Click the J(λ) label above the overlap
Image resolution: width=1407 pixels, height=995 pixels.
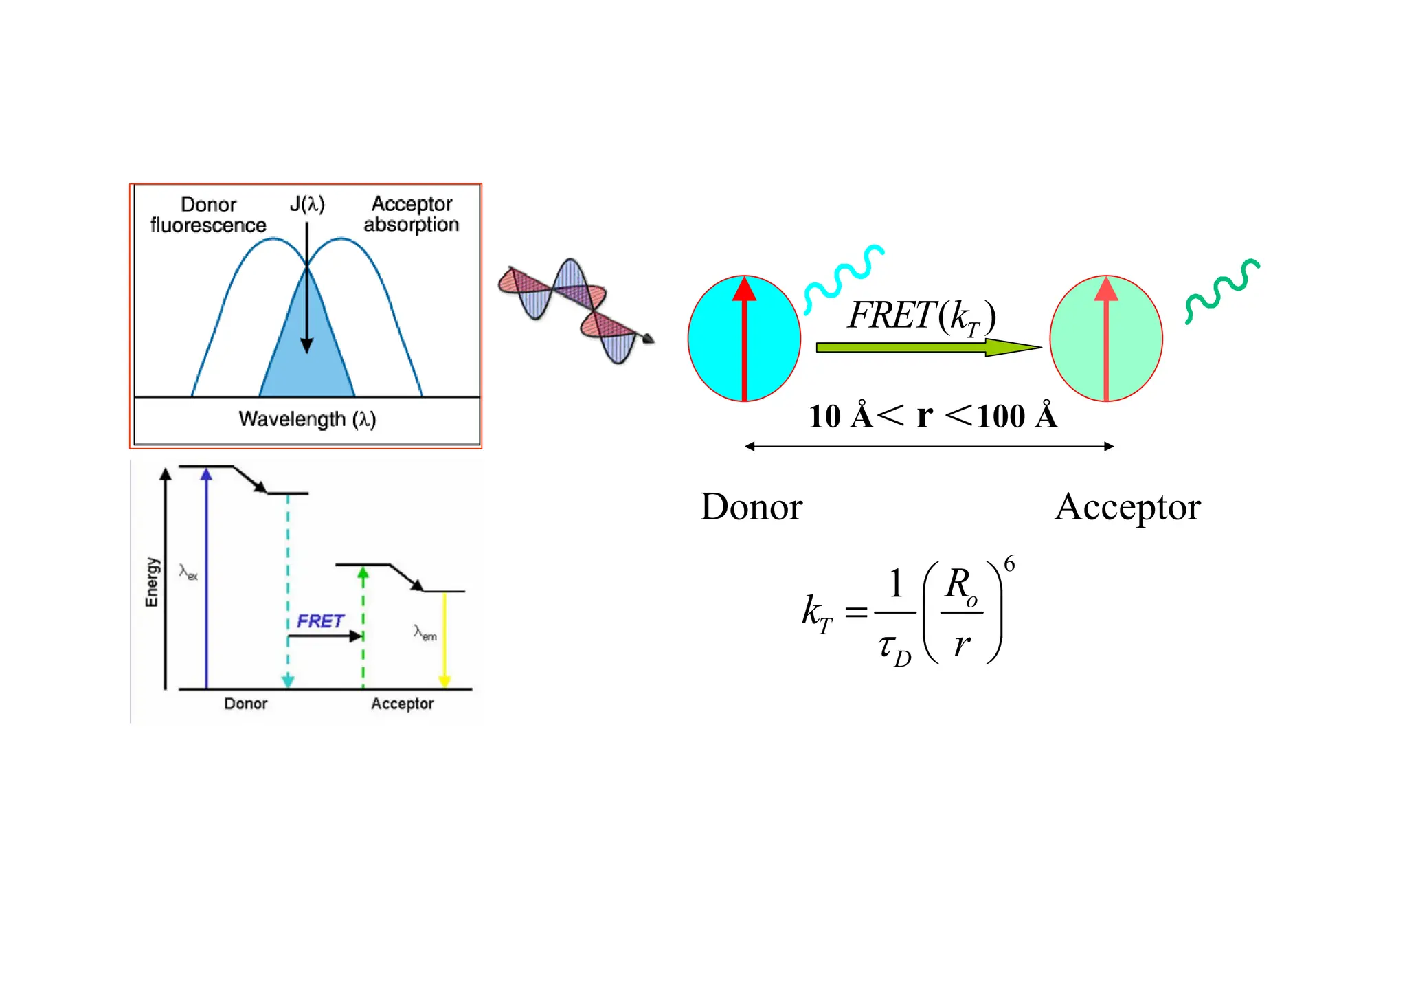point(306,204)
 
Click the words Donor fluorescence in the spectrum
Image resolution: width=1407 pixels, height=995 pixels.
point(208,215)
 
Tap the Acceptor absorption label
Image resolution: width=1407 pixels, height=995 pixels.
point(412,214)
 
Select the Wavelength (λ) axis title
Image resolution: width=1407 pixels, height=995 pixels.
point(307,419)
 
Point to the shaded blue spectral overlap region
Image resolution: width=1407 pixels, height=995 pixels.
point(306,371)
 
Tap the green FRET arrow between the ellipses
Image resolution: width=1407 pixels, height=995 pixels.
point(927,347)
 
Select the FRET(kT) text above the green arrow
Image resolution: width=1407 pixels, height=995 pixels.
point(921,316)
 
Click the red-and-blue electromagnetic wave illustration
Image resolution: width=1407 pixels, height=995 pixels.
point(576,309)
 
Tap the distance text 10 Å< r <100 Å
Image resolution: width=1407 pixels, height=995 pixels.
point(932,416)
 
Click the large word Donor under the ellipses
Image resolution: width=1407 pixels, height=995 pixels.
point(751,507)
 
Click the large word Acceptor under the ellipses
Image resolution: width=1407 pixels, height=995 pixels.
point(1127,507)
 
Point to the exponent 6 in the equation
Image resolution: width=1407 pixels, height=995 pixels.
point(1009,564)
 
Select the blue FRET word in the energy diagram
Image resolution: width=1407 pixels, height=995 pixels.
point(320,621)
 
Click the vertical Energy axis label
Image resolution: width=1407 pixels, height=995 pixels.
point(152,582)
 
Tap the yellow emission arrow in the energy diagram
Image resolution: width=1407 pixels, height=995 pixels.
point(444,639)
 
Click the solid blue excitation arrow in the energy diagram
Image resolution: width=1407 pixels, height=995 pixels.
point(206,577)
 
